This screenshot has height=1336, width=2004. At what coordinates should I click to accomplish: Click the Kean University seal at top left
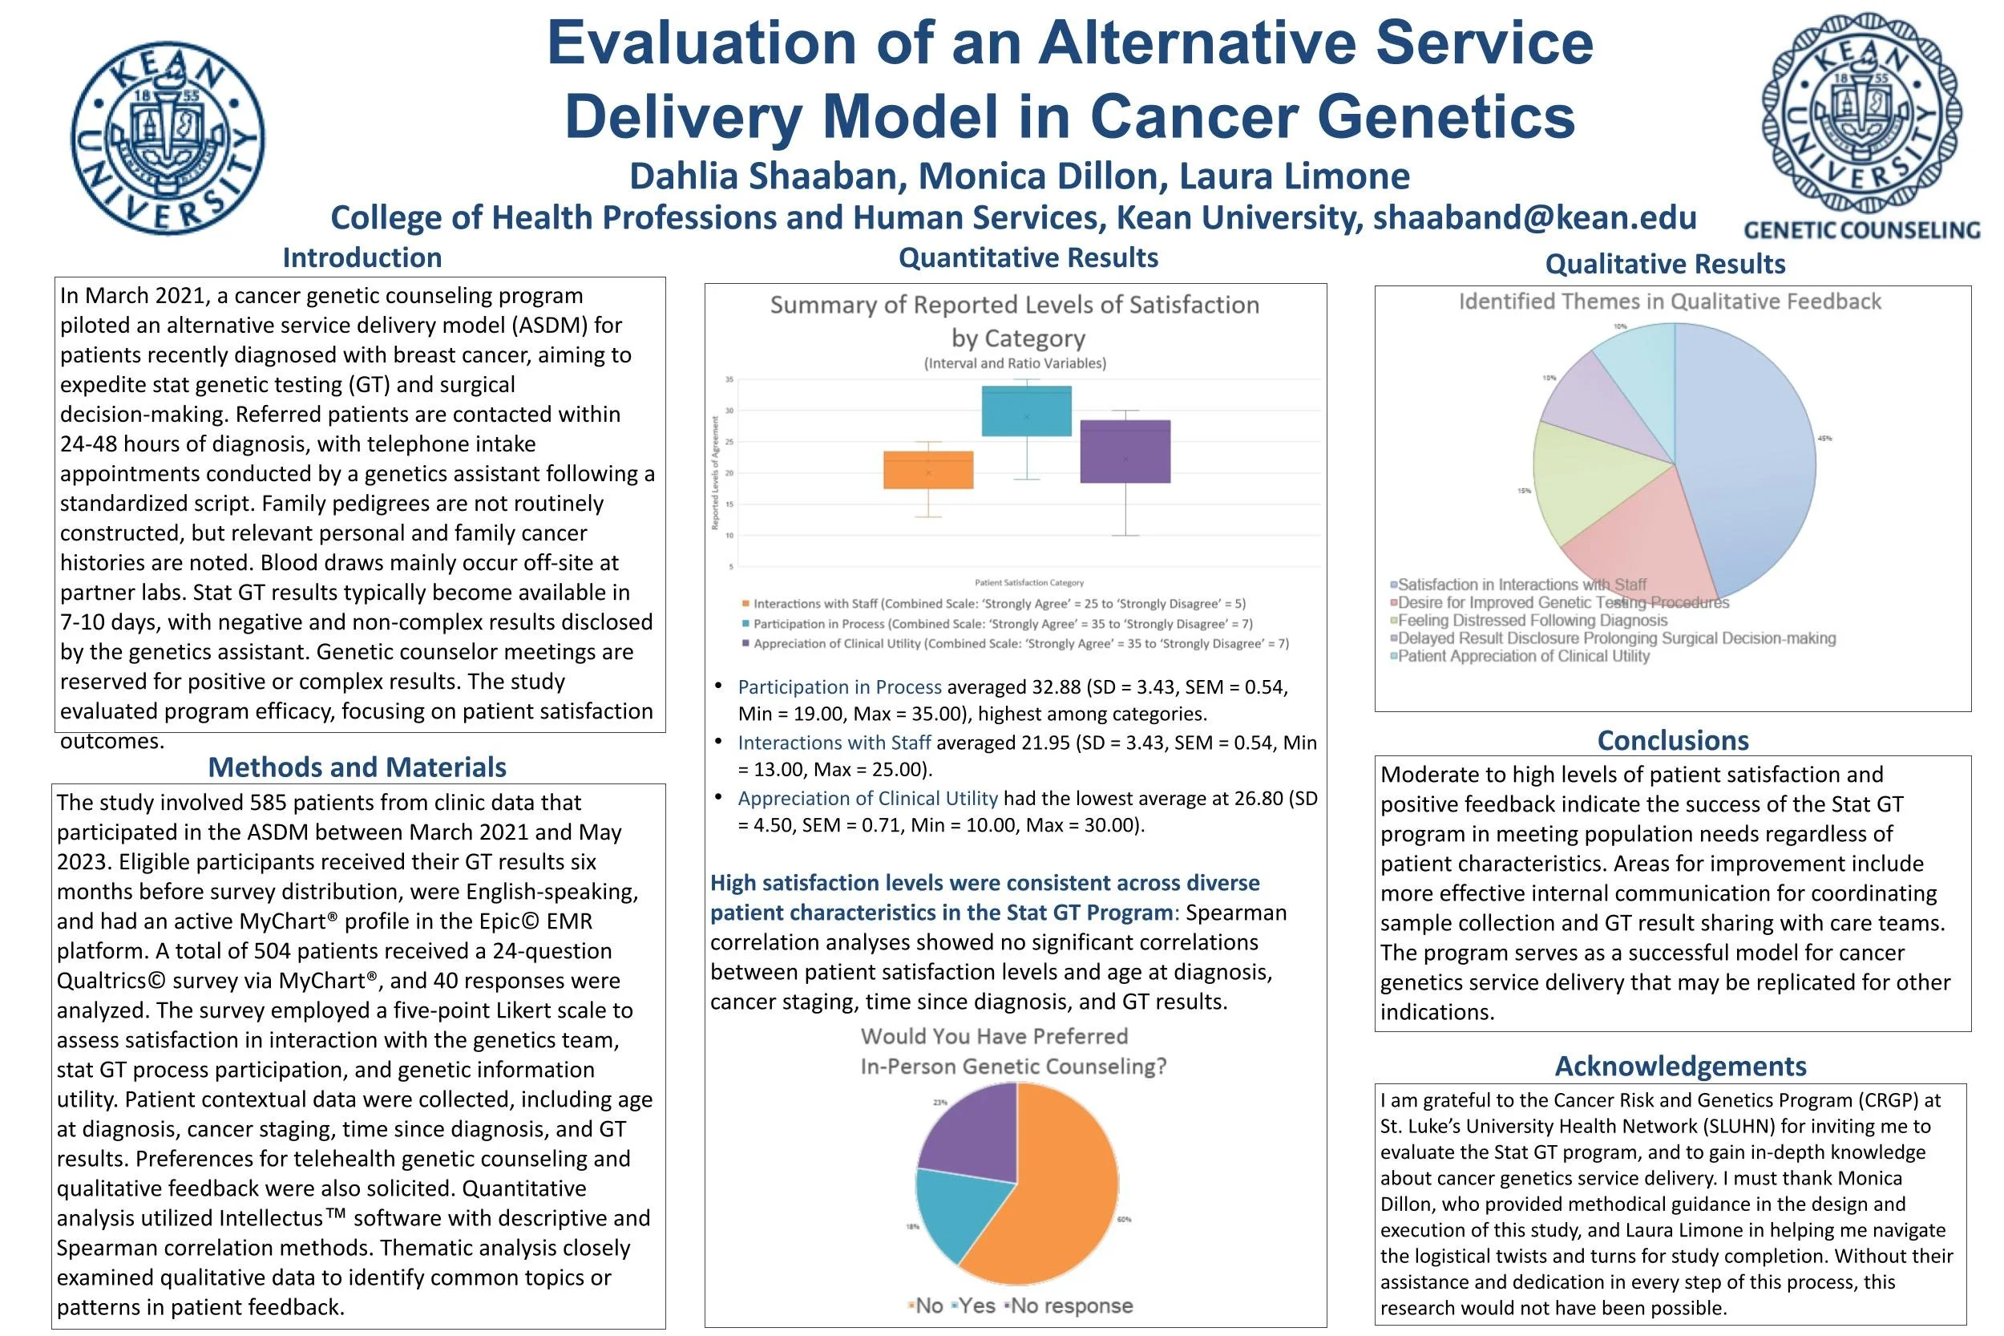[168, 139]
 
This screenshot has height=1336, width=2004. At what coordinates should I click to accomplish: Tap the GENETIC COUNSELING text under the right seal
[1861, 230]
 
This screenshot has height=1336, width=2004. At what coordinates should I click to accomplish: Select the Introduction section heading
[362, 257]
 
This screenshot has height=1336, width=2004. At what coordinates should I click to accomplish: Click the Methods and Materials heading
[357, 767]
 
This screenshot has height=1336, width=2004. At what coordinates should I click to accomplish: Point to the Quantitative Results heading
[1028, 257]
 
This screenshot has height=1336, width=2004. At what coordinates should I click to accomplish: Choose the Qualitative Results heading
[1665, 263]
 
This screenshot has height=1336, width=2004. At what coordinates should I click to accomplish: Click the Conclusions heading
[1673, 739]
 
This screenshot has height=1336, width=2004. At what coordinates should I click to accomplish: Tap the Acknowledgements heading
[1680, 1066]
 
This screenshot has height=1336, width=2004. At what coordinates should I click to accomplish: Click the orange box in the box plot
[928, 469]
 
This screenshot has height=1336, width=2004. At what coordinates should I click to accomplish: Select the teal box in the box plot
[1026, 411]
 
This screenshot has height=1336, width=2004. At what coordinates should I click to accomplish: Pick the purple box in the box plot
[1125, 451]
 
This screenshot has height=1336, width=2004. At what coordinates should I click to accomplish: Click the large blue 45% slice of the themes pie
[1746, 460]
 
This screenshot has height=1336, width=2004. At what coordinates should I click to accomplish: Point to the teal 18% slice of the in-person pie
[958, 1210]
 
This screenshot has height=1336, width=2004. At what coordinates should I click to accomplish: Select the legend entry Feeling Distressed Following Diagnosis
[1532, 621]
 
